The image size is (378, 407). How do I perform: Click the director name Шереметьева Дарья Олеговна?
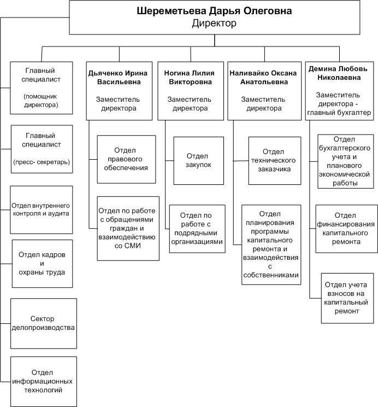click(x=215, y=11)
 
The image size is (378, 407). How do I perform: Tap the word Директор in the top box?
click(x=215, y=24)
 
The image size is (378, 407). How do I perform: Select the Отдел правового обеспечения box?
click(x=126, y=159)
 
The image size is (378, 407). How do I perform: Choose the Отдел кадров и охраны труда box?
click(x=42, y=264)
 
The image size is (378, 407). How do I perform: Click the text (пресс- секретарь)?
click(x=42, y=162)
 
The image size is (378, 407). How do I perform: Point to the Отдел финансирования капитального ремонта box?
click(x=347, y=229)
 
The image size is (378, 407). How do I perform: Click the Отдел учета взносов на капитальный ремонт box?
click(x=346, y=298)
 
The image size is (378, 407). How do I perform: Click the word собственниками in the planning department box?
click(x=271, y=275)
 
